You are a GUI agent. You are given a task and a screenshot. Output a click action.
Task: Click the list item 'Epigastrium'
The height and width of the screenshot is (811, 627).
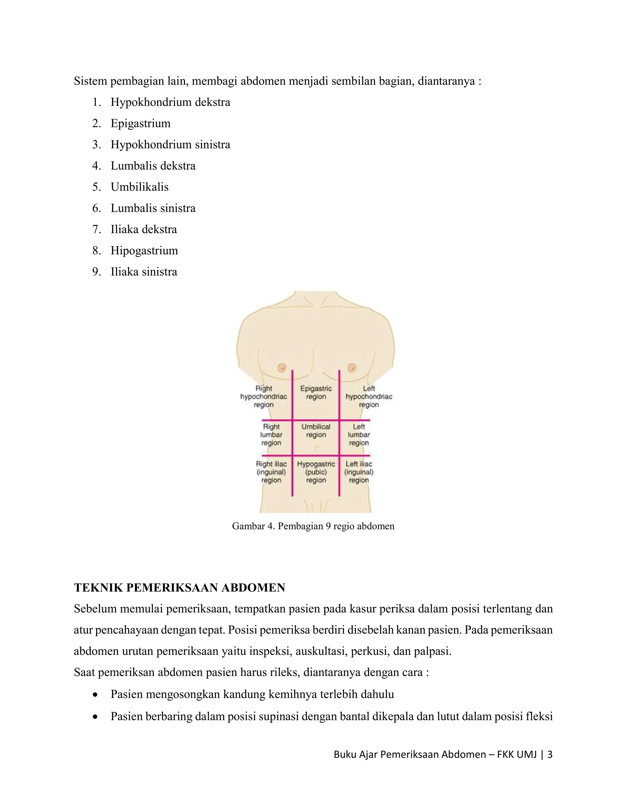coord(141,123)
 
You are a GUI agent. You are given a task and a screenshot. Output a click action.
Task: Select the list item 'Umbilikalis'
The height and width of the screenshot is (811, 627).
coord(139,187)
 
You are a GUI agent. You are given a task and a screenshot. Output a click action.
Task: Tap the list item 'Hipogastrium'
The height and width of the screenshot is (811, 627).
coord(144,251)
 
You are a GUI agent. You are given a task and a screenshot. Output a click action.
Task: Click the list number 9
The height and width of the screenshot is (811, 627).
coord(96,272)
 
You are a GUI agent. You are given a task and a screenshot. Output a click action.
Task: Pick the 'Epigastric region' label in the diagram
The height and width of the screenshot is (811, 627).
coord(316,393)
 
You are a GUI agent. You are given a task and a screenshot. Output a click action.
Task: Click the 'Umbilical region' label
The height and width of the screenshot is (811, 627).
coord(316,431)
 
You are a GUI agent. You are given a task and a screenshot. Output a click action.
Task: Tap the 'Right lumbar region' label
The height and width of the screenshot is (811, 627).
coord(271,435)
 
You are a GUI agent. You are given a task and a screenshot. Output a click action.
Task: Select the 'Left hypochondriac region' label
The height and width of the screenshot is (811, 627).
coord(369,397)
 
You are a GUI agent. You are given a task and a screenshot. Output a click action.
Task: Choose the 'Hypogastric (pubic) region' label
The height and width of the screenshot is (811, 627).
coord(316,472)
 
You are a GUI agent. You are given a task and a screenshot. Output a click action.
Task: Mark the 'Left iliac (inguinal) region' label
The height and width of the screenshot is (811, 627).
coord(359,472)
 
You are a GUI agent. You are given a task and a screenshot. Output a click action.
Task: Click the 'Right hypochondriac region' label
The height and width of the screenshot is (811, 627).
coord(263,397)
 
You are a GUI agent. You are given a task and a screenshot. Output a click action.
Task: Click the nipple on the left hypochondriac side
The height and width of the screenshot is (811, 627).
coord(352,368)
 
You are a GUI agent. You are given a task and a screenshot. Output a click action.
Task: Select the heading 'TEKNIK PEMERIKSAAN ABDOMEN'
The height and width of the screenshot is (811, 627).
coord(179,588)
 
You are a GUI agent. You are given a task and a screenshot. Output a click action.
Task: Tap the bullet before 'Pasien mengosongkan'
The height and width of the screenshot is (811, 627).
coord(96,694)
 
